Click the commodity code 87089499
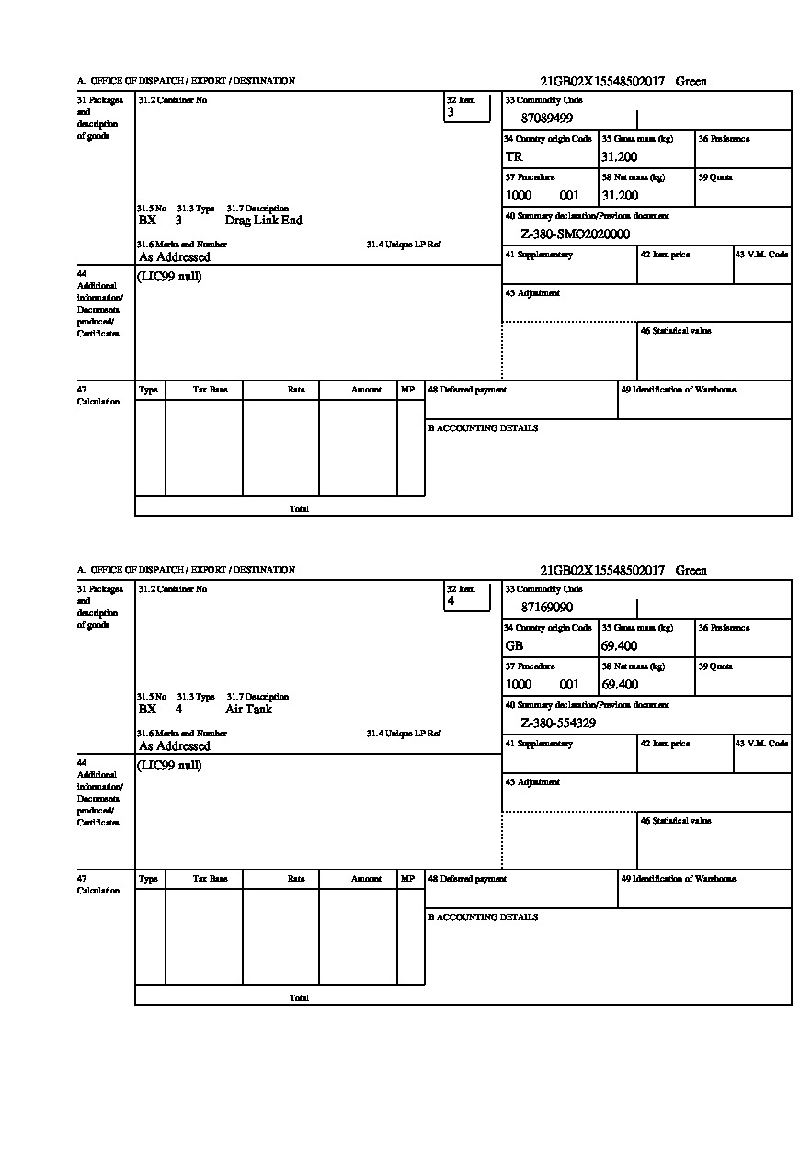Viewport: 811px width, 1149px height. (547, 119)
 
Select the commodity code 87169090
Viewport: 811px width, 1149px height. (547, 608)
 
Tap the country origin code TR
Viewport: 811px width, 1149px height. (514, 157)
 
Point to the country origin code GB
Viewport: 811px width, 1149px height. (514, 646)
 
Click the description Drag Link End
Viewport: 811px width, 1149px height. (263, 221)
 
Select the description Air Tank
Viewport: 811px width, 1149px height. (248, 710)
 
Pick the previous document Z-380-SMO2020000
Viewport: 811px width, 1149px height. (575, 234)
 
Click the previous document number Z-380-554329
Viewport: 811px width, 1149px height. (558, 723)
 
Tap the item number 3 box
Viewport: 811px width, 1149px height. (467, 108)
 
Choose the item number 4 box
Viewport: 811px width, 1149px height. (467, 597)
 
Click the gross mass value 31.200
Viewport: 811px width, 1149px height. (619, 157)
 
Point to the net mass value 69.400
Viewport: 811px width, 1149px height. (619, 685)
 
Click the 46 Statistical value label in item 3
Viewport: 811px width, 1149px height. (676, 331)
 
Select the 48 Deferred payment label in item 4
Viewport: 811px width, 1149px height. (467, 879)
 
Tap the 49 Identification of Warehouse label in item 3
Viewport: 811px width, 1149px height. (678, 390)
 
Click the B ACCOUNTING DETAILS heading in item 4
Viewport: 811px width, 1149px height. (483, 917)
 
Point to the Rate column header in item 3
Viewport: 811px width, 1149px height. (296, 390)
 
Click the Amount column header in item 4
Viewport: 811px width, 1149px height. (366, 879)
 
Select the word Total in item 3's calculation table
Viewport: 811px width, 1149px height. (299, 509)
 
